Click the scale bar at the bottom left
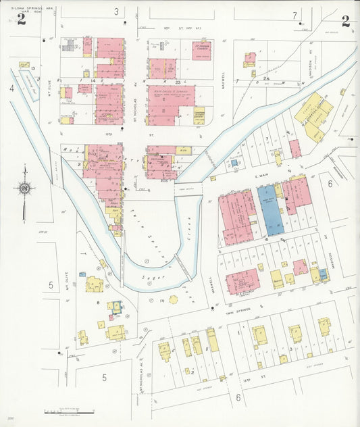tap(64, 411)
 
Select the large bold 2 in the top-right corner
tap(345, 20)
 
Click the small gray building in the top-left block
tap(69, 46)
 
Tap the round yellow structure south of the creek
tap(173, 299)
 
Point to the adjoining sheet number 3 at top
tap(116, 11)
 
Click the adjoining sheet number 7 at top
tap(294, 15)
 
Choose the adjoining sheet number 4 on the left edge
tap(11, 88)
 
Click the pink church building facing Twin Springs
tap(242, 280)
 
